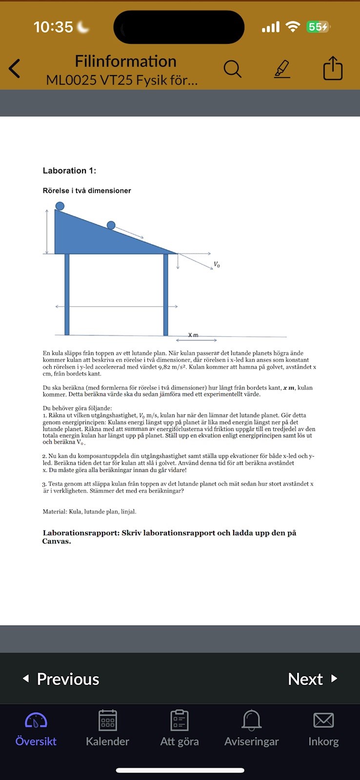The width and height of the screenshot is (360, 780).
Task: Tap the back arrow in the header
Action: [15, 69]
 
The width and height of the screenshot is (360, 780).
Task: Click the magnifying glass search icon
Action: [233, 69]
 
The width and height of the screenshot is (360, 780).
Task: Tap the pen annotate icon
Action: [282, 69]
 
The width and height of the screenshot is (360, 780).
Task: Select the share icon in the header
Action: [333, 68]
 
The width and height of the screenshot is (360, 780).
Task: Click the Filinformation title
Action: [125, 61]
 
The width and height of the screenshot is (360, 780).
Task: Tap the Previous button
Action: [61, 679]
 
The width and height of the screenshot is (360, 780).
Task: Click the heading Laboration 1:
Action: [69, 171]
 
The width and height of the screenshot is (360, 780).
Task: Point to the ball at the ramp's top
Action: [60, 206]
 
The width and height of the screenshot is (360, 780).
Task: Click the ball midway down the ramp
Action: [111, 225]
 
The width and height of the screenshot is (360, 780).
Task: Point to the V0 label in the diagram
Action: [217, 265]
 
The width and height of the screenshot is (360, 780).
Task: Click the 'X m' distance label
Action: [193, 335]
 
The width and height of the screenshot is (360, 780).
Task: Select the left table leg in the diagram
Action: [67, 294]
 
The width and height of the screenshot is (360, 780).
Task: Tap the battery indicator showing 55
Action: [318, 27]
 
